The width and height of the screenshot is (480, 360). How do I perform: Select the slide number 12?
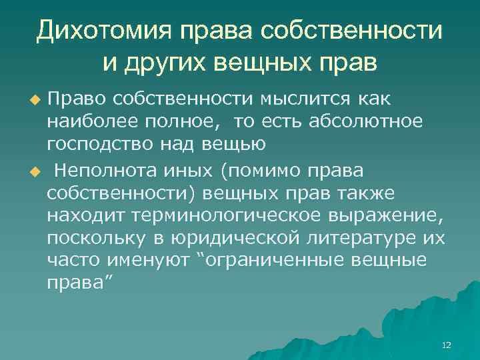[447, 345]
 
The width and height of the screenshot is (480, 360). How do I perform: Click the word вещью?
[239, 144]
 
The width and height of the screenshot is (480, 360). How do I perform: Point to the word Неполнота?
[107, 171]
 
